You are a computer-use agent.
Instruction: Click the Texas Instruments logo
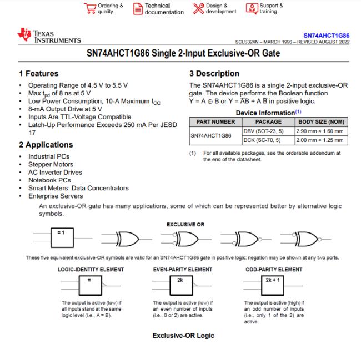(49, 37)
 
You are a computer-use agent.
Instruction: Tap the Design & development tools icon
(199, 9)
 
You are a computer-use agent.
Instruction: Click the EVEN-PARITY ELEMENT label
(183, 270)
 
